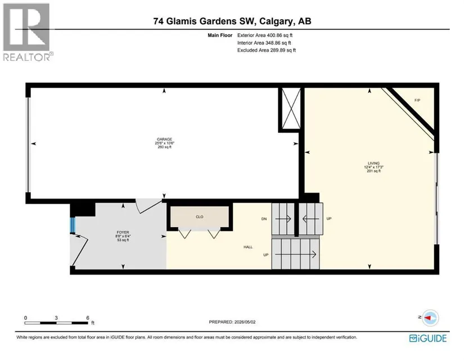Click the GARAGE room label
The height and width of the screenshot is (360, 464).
click(164, 139)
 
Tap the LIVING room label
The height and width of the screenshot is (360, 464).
click(373, 163)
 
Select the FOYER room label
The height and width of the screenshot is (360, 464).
click(123, 232)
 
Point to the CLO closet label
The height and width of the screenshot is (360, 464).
click(200, 217)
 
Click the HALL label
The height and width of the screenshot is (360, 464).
click(248, 247)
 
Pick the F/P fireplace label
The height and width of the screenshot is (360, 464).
click(417, 100)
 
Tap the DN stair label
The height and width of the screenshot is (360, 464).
click(264, 219)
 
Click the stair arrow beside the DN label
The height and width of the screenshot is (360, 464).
click(283, 219)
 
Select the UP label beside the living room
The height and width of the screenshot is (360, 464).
click(329, 218)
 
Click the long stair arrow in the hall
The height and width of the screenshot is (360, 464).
click(296, 254)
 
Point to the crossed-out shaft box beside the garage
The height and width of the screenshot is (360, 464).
click(291, 109)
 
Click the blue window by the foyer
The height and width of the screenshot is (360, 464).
click(73, 226)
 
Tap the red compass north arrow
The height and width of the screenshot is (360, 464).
click(429, 318)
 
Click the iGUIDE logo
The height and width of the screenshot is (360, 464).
click(428, 339)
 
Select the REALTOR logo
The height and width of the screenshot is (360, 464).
click(28, 32)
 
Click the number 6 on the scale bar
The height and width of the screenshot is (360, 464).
click(88, 318)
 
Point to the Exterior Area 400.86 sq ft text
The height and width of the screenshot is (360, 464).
click(265, 35)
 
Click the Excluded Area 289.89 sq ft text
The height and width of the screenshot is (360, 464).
click(267, 50)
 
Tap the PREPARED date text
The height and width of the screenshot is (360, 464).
click(232, 322)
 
